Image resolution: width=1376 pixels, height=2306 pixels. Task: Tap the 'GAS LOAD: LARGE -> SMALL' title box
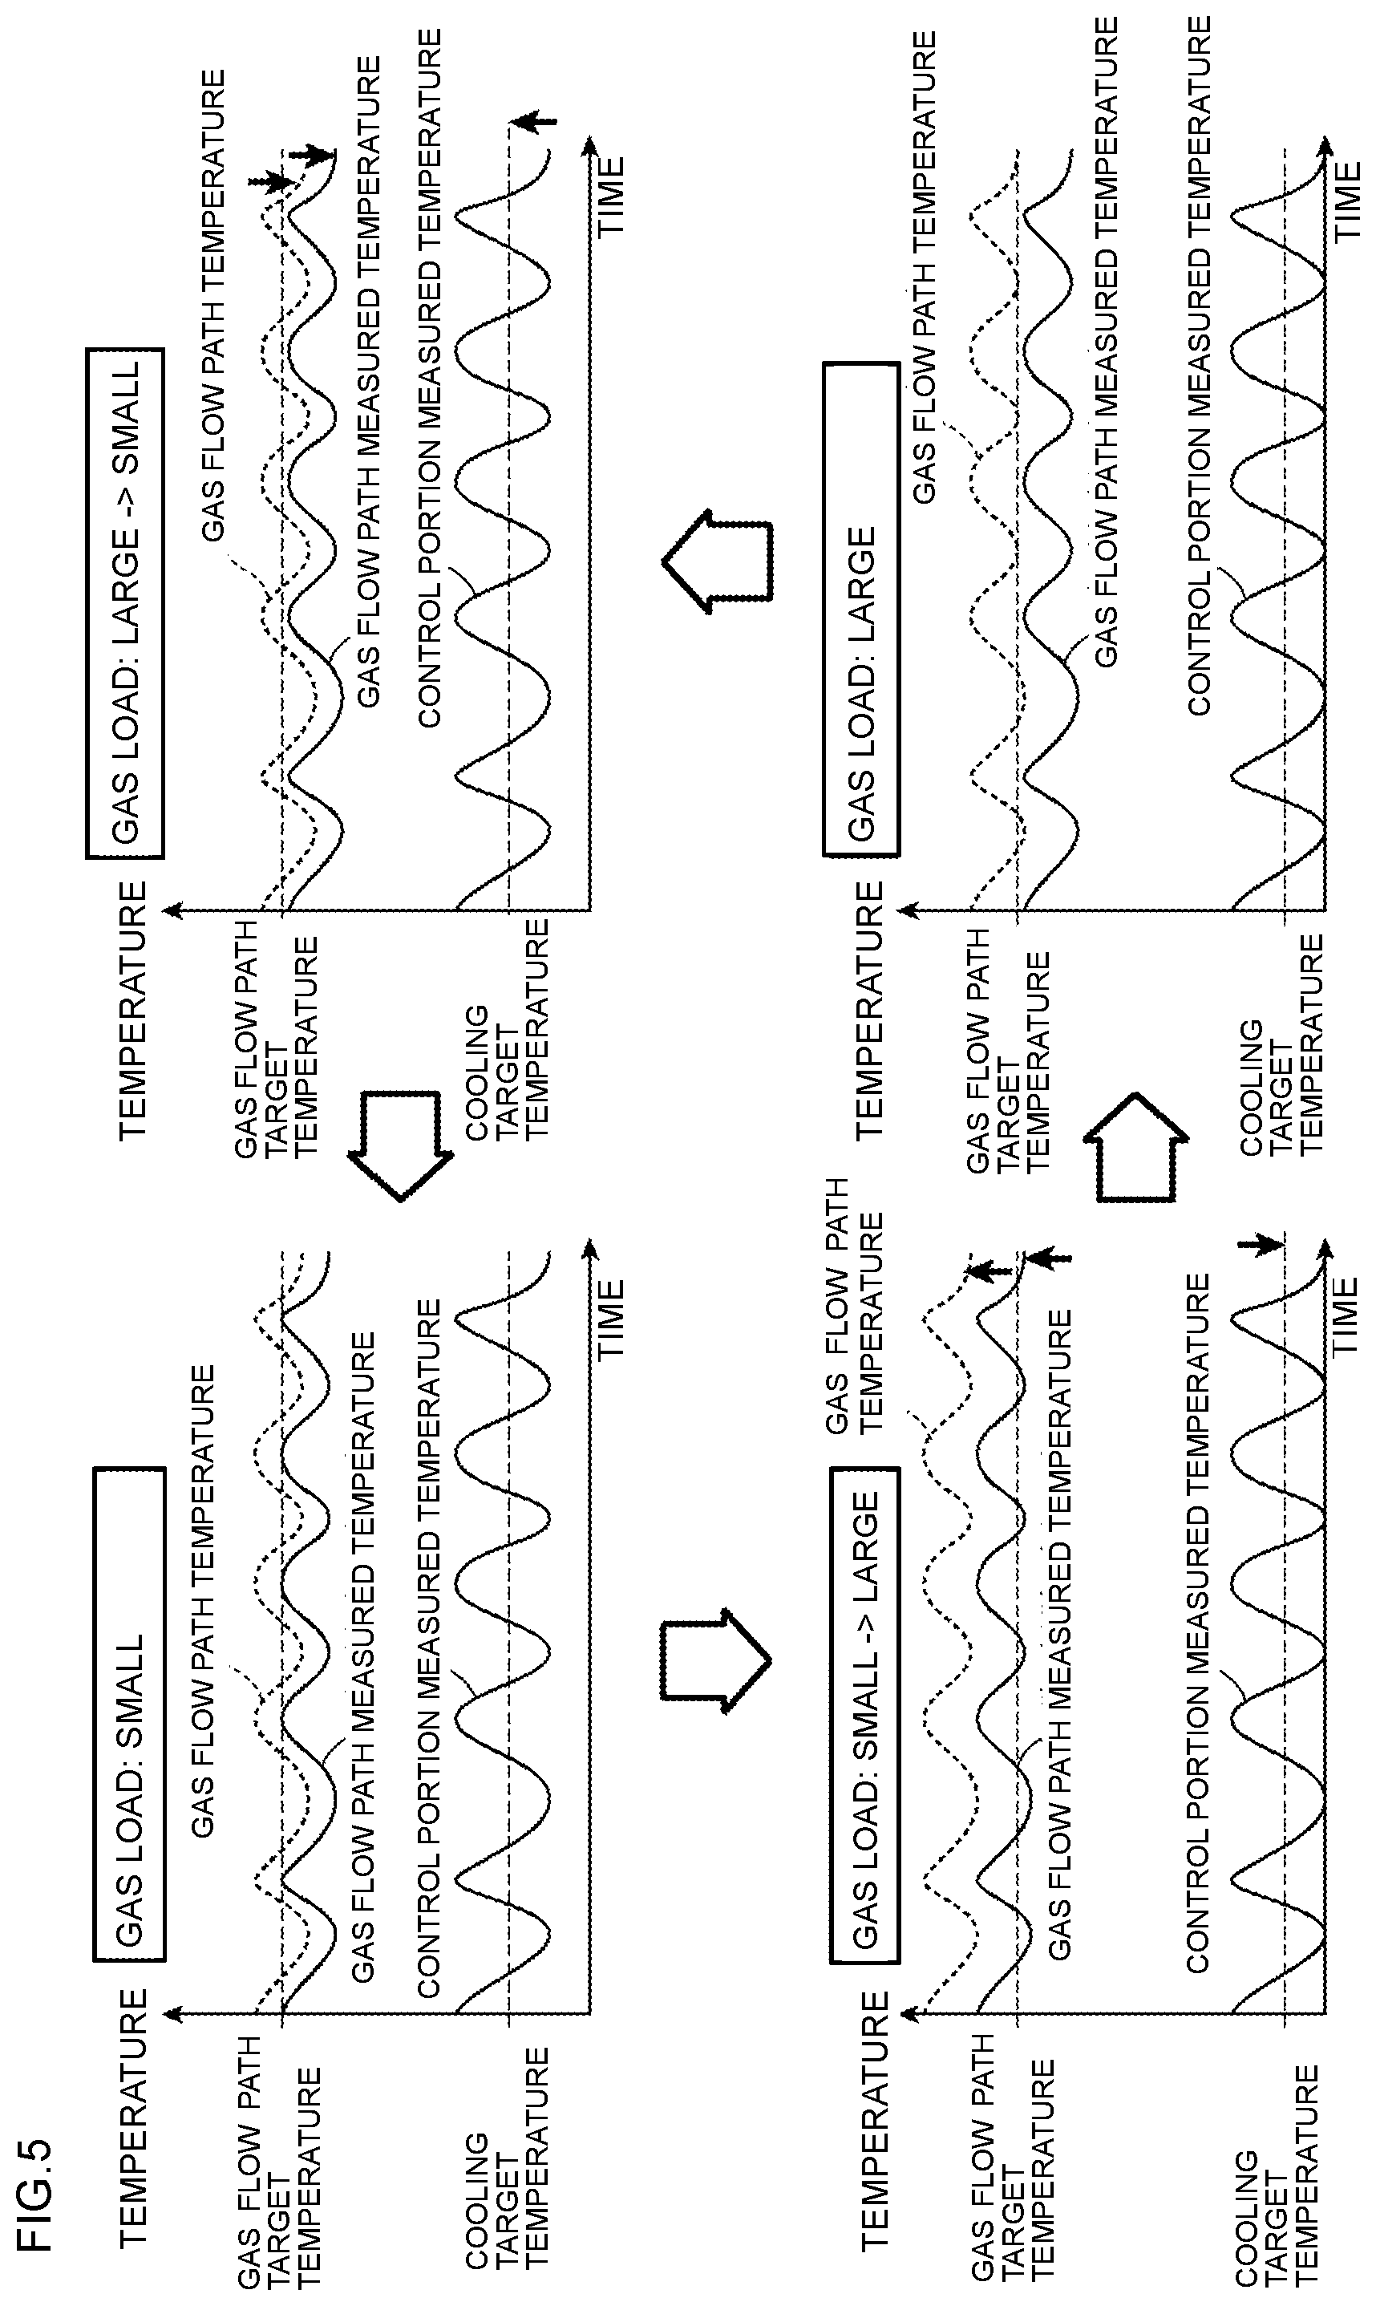(125, 602)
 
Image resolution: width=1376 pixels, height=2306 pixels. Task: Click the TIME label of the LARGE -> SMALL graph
(611, 196)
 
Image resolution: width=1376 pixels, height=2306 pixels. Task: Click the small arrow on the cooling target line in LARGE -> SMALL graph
(532, 120)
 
